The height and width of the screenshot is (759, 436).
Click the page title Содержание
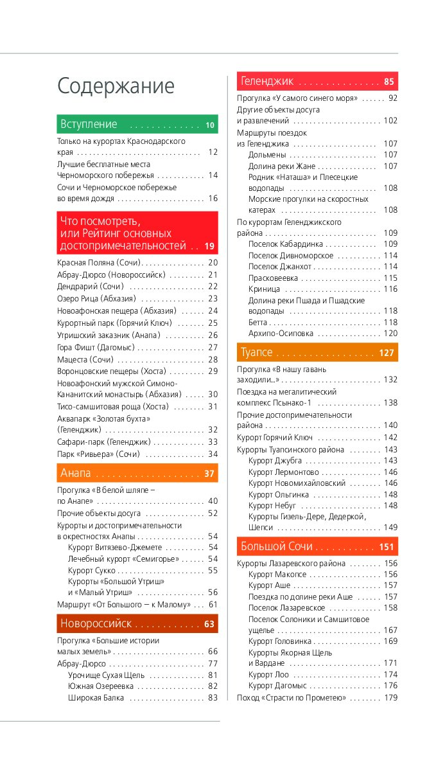coord(116,86)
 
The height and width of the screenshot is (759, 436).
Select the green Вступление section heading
coord(89,124)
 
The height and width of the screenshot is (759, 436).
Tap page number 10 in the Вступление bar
coord(210,125)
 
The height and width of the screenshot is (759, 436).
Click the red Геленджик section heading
coord(267,81)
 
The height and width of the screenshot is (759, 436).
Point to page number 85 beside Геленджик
coord(389,82)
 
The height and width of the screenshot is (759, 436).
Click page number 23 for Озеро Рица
coord(213,298)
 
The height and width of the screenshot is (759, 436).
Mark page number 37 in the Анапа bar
coord(209,474)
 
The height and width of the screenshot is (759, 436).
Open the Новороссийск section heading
coord(96,623)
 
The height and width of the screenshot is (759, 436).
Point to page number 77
coord(213,663)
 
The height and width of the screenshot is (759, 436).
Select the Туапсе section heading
coord(257,352)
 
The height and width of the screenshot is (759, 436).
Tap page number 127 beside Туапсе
coord(387,353)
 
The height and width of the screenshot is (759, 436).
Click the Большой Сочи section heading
coord(277,546)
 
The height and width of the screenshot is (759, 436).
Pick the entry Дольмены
coord(267,155)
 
